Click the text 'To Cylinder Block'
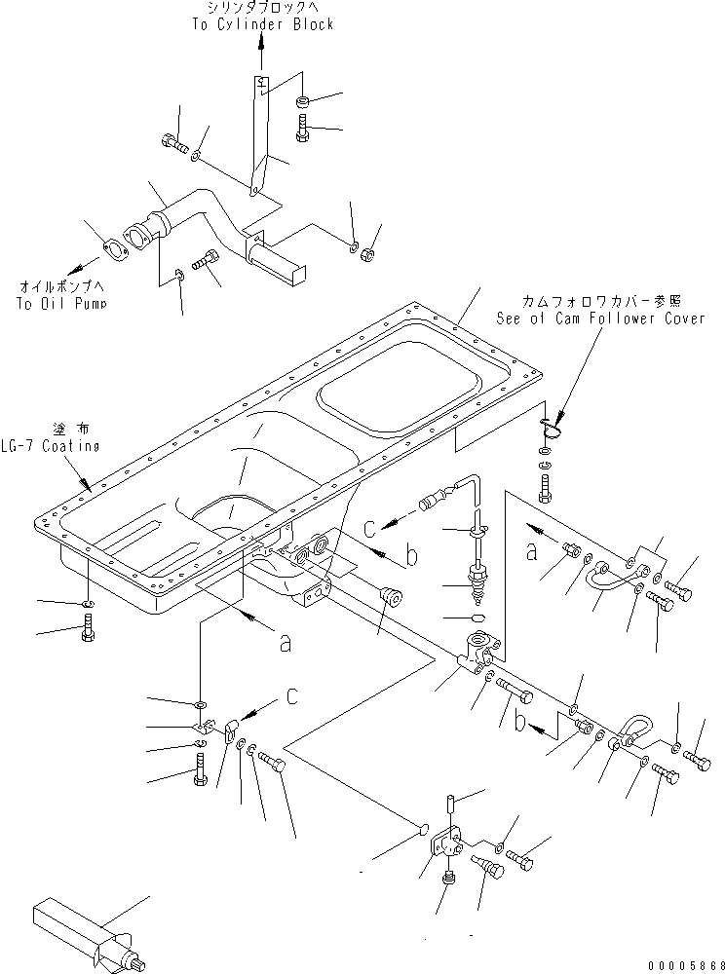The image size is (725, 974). coord(263,24)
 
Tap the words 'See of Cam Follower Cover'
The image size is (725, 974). coord(599,318)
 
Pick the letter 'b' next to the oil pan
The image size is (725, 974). coord(410,557)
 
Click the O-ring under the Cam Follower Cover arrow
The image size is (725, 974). coord(553,425)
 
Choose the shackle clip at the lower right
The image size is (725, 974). coord(629,730)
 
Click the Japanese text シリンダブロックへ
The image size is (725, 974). coord(263,9)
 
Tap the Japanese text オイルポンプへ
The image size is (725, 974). coord(60,288)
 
